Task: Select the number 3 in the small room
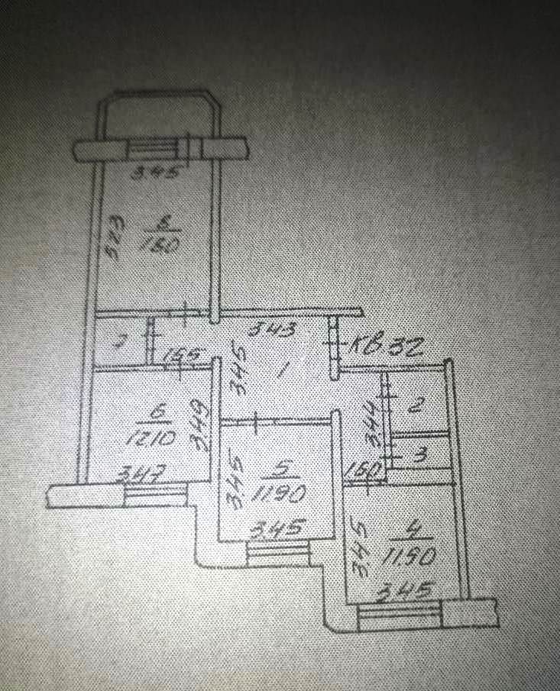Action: click(x=419, y=457)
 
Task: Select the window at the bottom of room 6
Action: click(x=155, y=496)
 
